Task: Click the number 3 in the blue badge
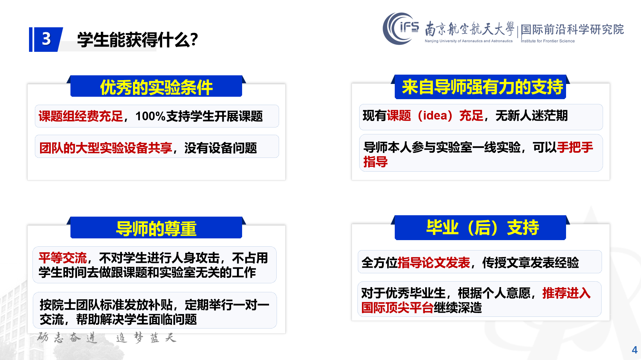pos(46,39)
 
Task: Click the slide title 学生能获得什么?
pos(137,40)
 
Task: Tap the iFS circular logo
pos(401,28)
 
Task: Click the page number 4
pos(634,350)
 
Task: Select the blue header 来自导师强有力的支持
pos(482,87)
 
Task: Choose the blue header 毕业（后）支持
pos(482,227)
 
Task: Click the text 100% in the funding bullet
pos(151,116)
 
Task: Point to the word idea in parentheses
pos(435,115)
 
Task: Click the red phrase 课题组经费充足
pos(80,116)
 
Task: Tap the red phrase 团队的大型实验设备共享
pos(106,148)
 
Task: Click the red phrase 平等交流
pos(63,258)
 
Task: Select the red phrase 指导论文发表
pos(434,263)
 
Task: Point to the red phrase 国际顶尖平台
pos(397,307)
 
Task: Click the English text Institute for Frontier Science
pos(548,41)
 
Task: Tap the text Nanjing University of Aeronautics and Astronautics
pos(469,41)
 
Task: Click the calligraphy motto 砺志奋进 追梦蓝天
pos(107,338)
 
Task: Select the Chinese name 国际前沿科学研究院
pos(572,29)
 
